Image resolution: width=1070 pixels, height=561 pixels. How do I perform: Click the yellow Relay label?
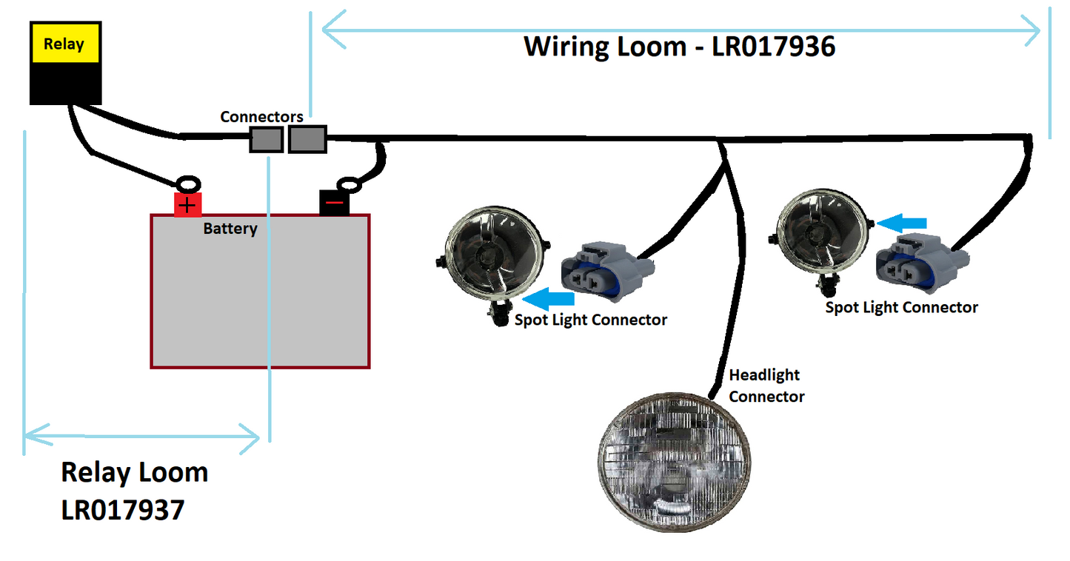(x=64, y=44)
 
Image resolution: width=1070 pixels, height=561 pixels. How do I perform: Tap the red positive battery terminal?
(x=188, y=204)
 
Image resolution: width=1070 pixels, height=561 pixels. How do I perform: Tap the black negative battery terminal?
(x=335, y=203)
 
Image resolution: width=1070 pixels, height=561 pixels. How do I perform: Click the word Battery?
(x=230, y=229)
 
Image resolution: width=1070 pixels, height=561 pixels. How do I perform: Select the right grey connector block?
(x=307, y=139)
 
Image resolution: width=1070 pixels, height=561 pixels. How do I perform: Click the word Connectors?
(x=261, y=117)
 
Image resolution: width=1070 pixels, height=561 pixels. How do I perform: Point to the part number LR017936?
(x=774, y=47)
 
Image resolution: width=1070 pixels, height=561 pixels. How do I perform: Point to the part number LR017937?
(x=122, y=510)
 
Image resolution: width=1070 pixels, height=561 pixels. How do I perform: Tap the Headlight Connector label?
(x=766, y=386)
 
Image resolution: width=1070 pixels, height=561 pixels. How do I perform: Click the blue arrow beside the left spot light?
(x=549, y=298)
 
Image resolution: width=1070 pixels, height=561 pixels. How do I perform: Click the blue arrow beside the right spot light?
(x=903, y=221)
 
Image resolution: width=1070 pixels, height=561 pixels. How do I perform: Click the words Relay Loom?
(x=134, y=472)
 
